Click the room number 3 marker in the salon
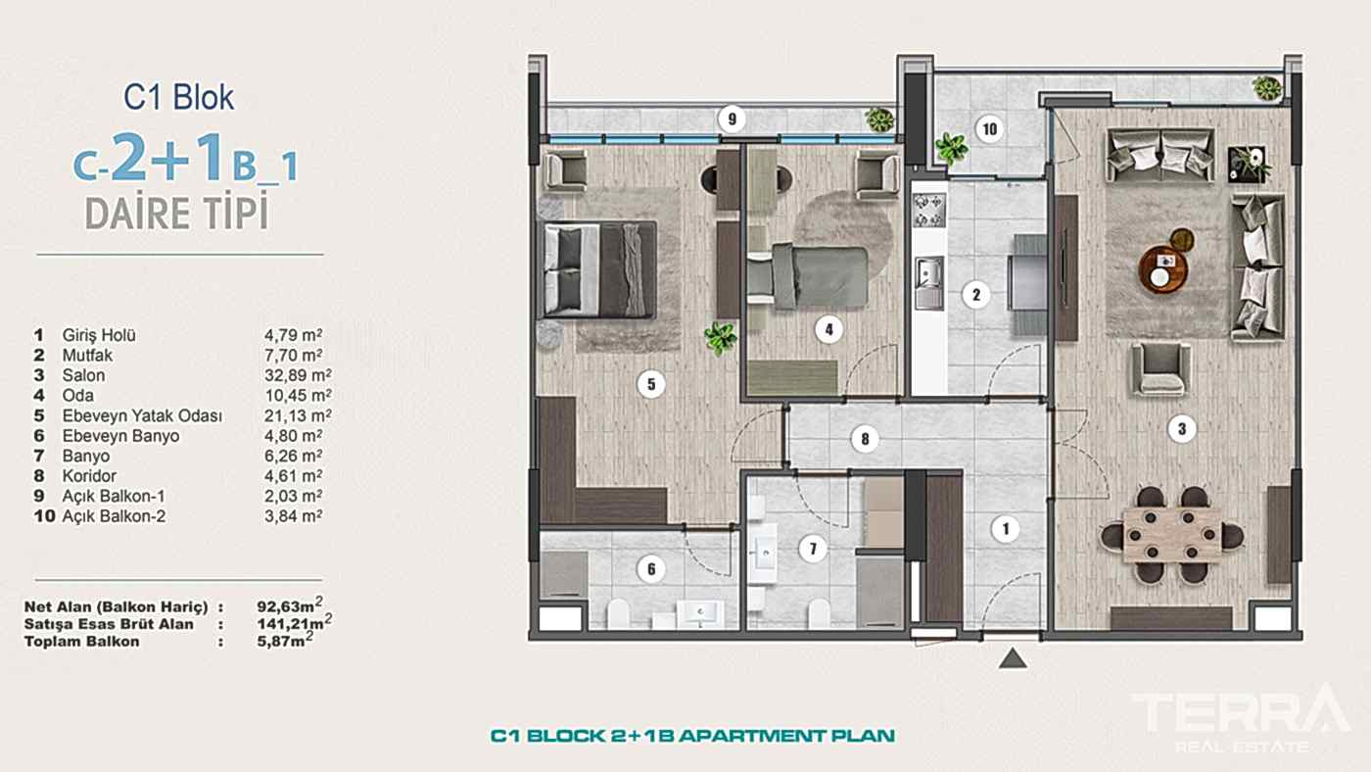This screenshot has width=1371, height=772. pos(1181,428)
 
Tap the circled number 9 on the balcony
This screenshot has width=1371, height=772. pos(733,119)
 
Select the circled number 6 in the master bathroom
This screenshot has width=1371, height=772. pos(651,569)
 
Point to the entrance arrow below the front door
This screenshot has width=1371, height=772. pos(1013,658)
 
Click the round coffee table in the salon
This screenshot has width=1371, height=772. pos(1162,268)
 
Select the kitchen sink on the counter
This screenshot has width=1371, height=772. pos(929,283)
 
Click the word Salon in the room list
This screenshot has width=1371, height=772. pos(83,375)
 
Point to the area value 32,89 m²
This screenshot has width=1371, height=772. pos(298,374)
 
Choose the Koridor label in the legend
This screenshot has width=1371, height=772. pos(89,476)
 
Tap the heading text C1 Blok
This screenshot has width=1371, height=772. pos(178,97)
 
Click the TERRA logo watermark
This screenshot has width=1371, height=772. pos(1241,716)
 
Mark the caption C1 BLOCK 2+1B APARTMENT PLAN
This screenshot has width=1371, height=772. pos(692,736)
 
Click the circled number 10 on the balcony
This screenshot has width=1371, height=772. pos(989,129)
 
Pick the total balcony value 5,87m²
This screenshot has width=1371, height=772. pos(285,641)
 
